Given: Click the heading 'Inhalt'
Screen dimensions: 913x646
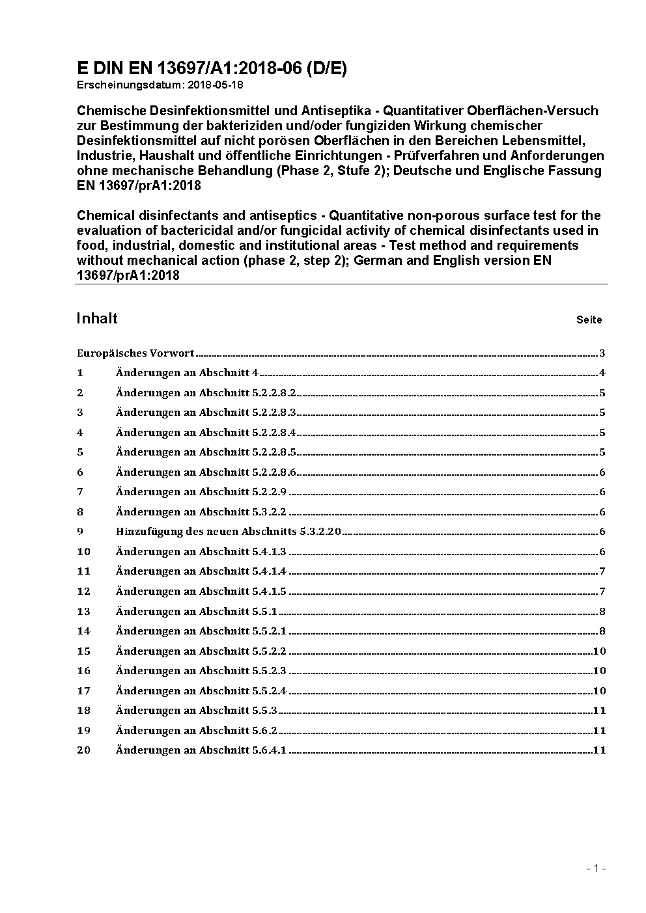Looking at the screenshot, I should (x=97, y=318).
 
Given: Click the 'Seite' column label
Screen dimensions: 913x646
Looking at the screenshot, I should (x=589, y=320).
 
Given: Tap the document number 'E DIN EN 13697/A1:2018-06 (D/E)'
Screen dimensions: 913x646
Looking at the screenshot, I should (x=212, y=69).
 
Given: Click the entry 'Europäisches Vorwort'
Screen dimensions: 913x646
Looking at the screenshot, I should (x=135, y=353).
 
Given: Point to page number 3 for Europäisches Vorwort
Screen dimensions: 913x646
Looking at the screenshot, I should (x=602, y=353).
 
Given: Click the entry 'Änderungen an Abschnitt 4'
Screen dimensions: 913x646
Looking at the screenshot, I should (x=187, y=373).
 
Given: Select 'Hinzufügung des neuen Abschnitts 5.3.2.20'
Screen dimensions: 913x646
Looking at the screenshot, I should (x=229, y=532).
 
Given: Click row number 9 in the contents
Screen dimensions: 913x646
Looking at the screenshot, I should (x=80, y=532).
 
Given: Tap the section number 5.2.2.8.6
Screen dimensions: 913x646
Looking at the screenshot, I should (x=274, y=472).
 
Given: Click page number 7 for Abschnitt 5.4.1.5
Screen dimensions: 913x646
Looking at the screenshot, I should (x=602, y=592).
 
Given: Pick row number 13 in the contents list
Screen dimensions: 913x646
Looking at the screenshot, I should (x=83, y=611).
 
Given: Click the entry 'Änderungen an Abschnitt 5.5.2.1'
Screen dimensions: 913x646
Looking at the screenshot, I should (x=201, y=631).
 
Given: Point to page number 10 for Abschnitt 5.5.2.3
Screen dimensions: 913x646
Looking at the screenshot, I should (x=599, y=671).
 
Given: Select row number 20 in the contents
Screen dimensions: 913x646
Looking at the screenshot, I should (x=83, y=750).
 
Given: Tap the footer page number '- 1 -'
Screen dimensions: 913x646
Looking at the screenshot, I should (x=596, y=868).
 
